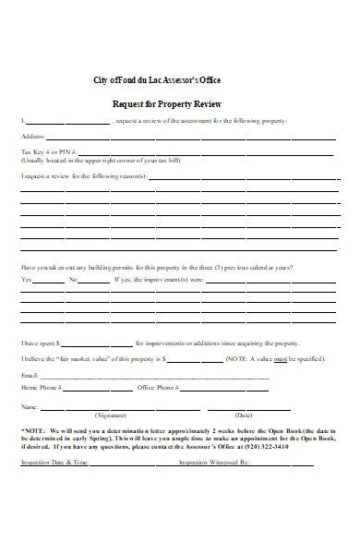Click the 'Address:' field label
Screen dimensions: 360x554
pyautogui.click(x=33, y=137)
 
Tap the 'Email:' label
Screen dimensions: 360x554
pyautogui.click(x=30, y=376)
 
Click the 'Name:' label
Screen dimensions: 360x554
pyautogui.click(x=30, y=406)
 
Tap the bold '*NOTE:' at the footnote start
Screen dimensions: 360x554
pyautogui.click(x=34, y=430)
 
